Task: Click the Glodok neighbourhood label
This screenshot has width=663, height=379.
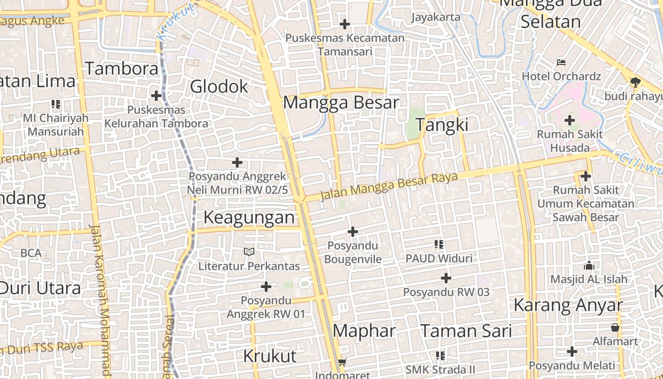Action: (219, 87)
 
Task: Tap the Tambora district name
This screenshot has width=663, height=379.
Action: (122, 69)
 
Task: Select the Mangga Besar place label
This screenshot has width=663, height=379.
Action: (341, 103)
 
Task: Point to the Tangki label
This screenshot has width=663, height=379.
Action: (442, 125)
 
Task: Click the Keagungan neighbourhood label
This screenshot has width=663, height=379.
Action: (249, 217)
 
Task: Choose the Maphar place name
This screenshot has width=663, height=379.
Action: (364, 331)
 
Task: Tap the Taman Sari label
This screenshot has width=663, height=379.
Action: (466, 331)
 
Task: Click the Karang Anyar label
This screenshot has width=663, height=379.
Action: (568, 305)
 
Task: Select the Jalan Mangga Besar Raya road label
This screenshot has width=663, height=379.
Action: (389, 187)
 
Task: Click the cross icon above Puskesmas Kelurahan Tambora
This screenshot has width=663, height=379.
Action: (156, 96)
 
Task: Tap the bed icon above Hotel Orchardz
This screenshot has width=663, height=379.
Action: (561, 63)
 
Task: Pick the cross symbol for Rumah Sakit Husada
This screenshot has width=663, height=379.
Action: (570, 120)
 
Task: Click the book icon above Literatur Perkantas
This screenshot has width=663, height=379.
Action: (249, 252)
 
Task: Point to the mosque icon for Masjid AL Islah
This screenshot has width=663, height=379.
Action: (589, 265)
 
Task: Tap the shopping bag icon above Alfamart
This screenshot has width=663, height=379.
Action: (615, 327)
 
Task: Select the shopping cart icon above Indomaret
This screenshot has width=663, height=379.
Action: (342, 362)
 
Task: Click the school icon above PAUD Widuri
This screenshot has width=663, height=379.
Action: (439, 244)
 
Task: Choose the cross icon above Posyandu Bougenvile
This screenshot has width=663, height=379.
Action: (352, 232)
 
